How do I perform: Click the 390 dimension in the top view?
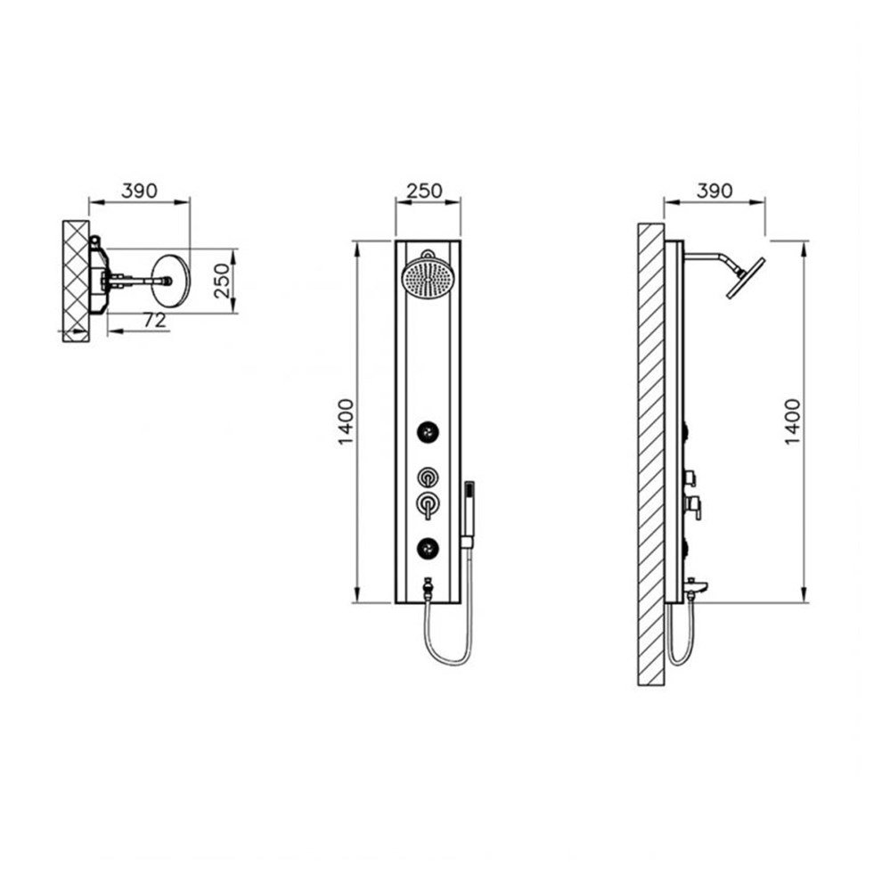(140, 192)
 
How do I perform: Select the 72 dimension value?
(155, 320)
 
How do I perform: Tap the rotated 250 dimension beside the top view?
(223, 281)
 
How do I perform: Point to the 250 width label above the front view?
(424, 192)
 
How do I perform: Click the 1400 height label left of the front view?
(346, 422)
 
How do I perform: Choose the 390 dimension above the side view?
(715, 192)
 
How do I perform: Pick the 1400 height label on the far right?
(792, 422)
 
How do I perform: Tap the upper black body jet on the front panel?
(428, 432)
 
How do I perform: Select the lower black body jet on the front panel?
(428, 548)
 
